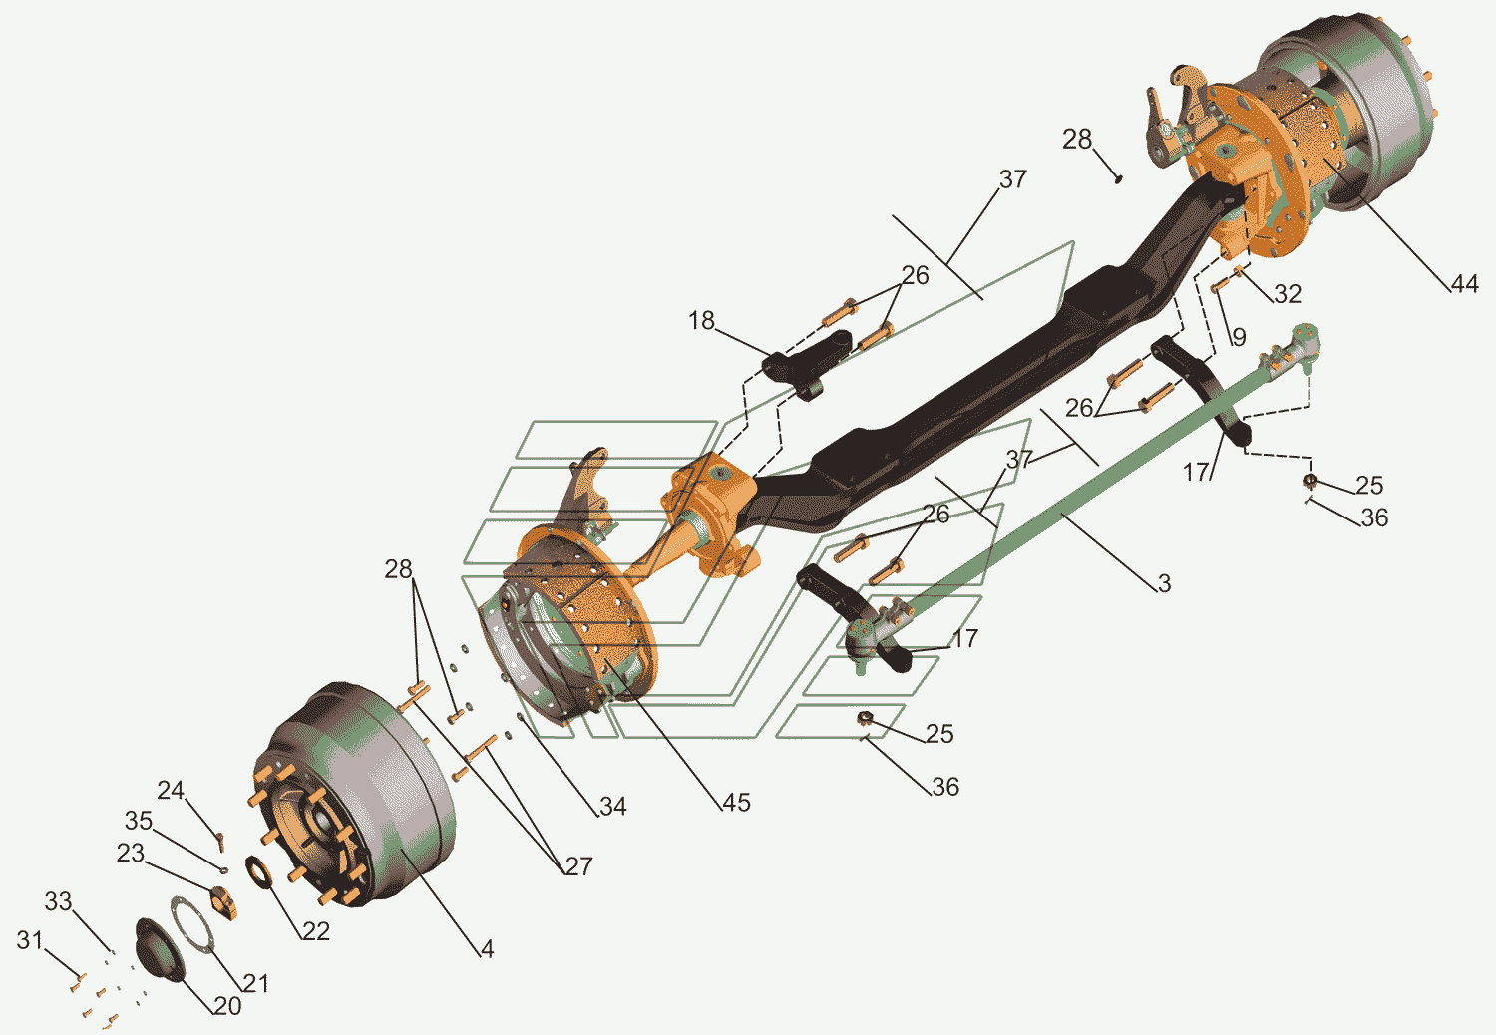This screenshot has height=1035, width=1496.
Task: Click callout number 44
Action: coord(1463,284)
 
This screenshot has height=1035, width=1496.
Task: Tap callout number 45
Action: coord(736,803)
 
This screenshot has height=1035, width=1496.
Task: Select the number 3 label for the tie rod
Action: coord(1164,584)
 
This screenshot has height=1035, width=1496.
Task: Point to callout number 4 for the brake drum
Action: coord(487,949)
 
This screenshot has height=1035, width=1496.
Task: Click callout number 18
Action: coord(701,320)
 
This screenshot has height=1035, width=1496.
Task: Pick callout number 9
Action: coord(1239,337)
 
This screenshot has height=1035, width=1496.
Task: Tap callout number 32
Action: coord(1287,294)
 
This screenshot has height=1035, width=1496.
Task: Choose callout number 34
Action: coord(612,807)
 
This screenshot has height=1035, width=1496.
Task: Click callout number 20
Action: coord(227,1006)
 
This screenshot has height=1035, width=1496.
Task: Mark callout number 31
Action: coord(30,939)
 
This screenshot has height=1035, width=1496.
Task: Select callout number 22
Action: coord(315,931)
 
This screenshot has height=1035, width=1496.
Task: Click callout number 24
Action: coord(171,790)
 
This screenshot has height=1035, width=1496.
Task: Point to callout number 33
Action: coord(58,901)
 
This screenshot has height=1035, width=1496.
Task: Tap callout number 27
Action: coord(578,866)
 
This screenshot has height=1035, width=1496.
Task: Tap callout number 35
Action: coord(138,821)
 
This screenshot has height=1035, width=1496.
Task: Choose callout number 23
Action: coord(130,854)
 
